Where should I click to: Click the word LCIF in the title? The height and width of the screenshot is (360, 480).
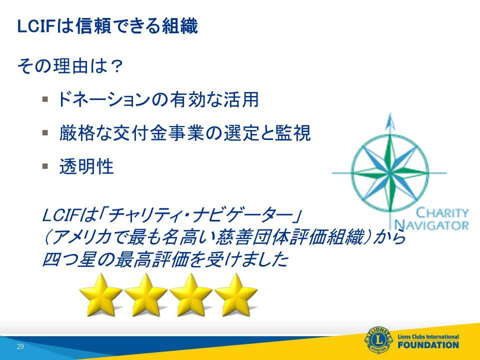(36, 26)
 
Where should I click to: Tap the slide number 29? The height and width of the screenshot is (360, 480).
(20, 346)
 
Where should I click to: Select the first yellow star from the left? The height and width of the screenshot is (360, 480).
(100, 295)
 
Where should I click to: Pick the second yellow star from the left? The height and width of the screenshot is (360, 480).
(145, 295)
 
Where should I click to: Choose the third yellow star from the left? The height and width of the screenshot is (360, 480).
(190, 295)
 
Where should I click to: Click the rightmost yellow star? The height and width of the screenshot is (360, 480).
(235, 295)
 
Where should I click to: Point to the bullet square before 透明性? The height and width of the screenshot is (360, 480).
(45, 166)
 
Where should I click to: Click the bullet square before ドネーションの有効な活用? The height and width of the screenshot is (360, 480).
(45, 99)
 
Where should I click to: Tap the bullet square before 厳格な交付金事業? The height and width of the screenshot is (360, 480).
(45, 132)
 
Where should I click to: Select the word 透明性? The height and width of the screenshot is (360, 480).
(86, 166)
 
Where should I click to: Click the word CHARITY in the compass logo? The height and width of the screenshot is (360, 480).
(442, 213)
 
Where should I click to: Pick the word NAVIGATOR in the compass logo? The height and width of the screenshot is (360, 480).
(431, 225)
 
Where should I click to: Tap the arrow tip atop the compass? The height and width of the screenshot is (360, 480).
(390, 114)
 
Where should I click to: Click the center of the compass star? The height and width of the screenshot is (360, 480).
(390, 172)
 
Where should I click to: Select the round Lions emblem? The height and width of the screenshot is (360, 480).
(378, 340)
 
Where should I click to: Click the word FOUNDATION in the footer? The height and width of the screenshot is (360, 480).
(428, 345)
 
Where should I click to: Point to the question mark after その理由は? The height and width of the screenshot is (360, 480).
(116, 66)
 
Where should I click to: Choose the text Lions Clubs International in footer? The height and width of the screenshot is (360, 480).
(428, 336)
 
